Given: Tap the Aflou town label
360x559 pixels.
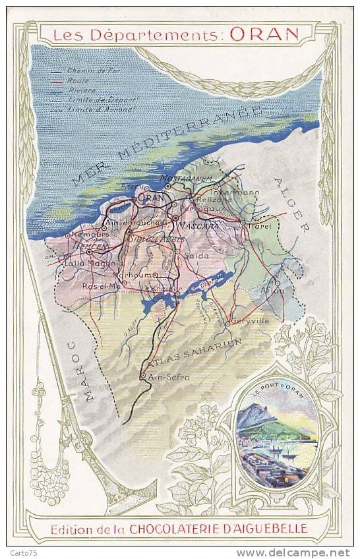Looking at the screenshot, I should coord(274,291).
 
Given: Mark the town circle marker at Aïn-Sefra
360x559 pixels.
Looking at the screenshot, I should coord(142,376).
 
